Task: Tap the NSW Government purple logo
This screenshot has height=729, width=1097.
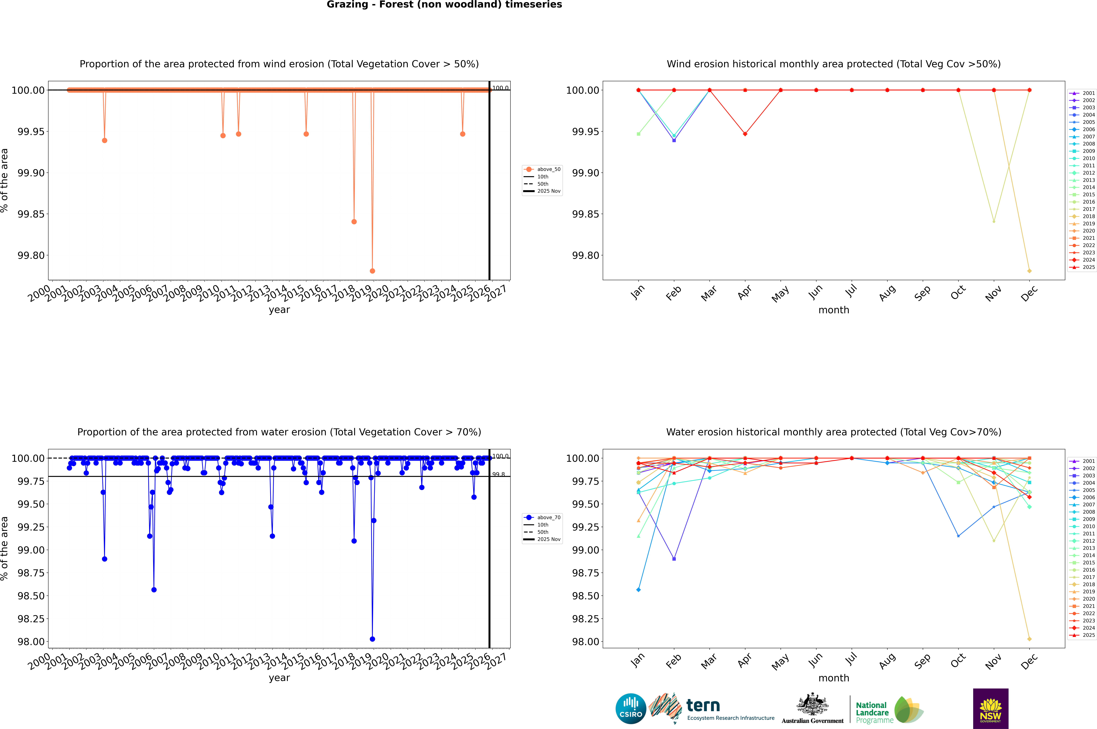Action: pos(990,709)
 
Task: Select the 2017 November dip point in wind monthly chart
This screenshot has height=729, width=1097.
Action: pos(994,221)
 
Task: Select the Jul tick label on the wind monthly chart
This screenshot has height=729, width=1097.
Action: pos(851,291)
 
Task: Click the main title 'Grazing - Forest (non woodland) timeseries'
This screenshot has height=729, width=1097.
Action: pos(444,5)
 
